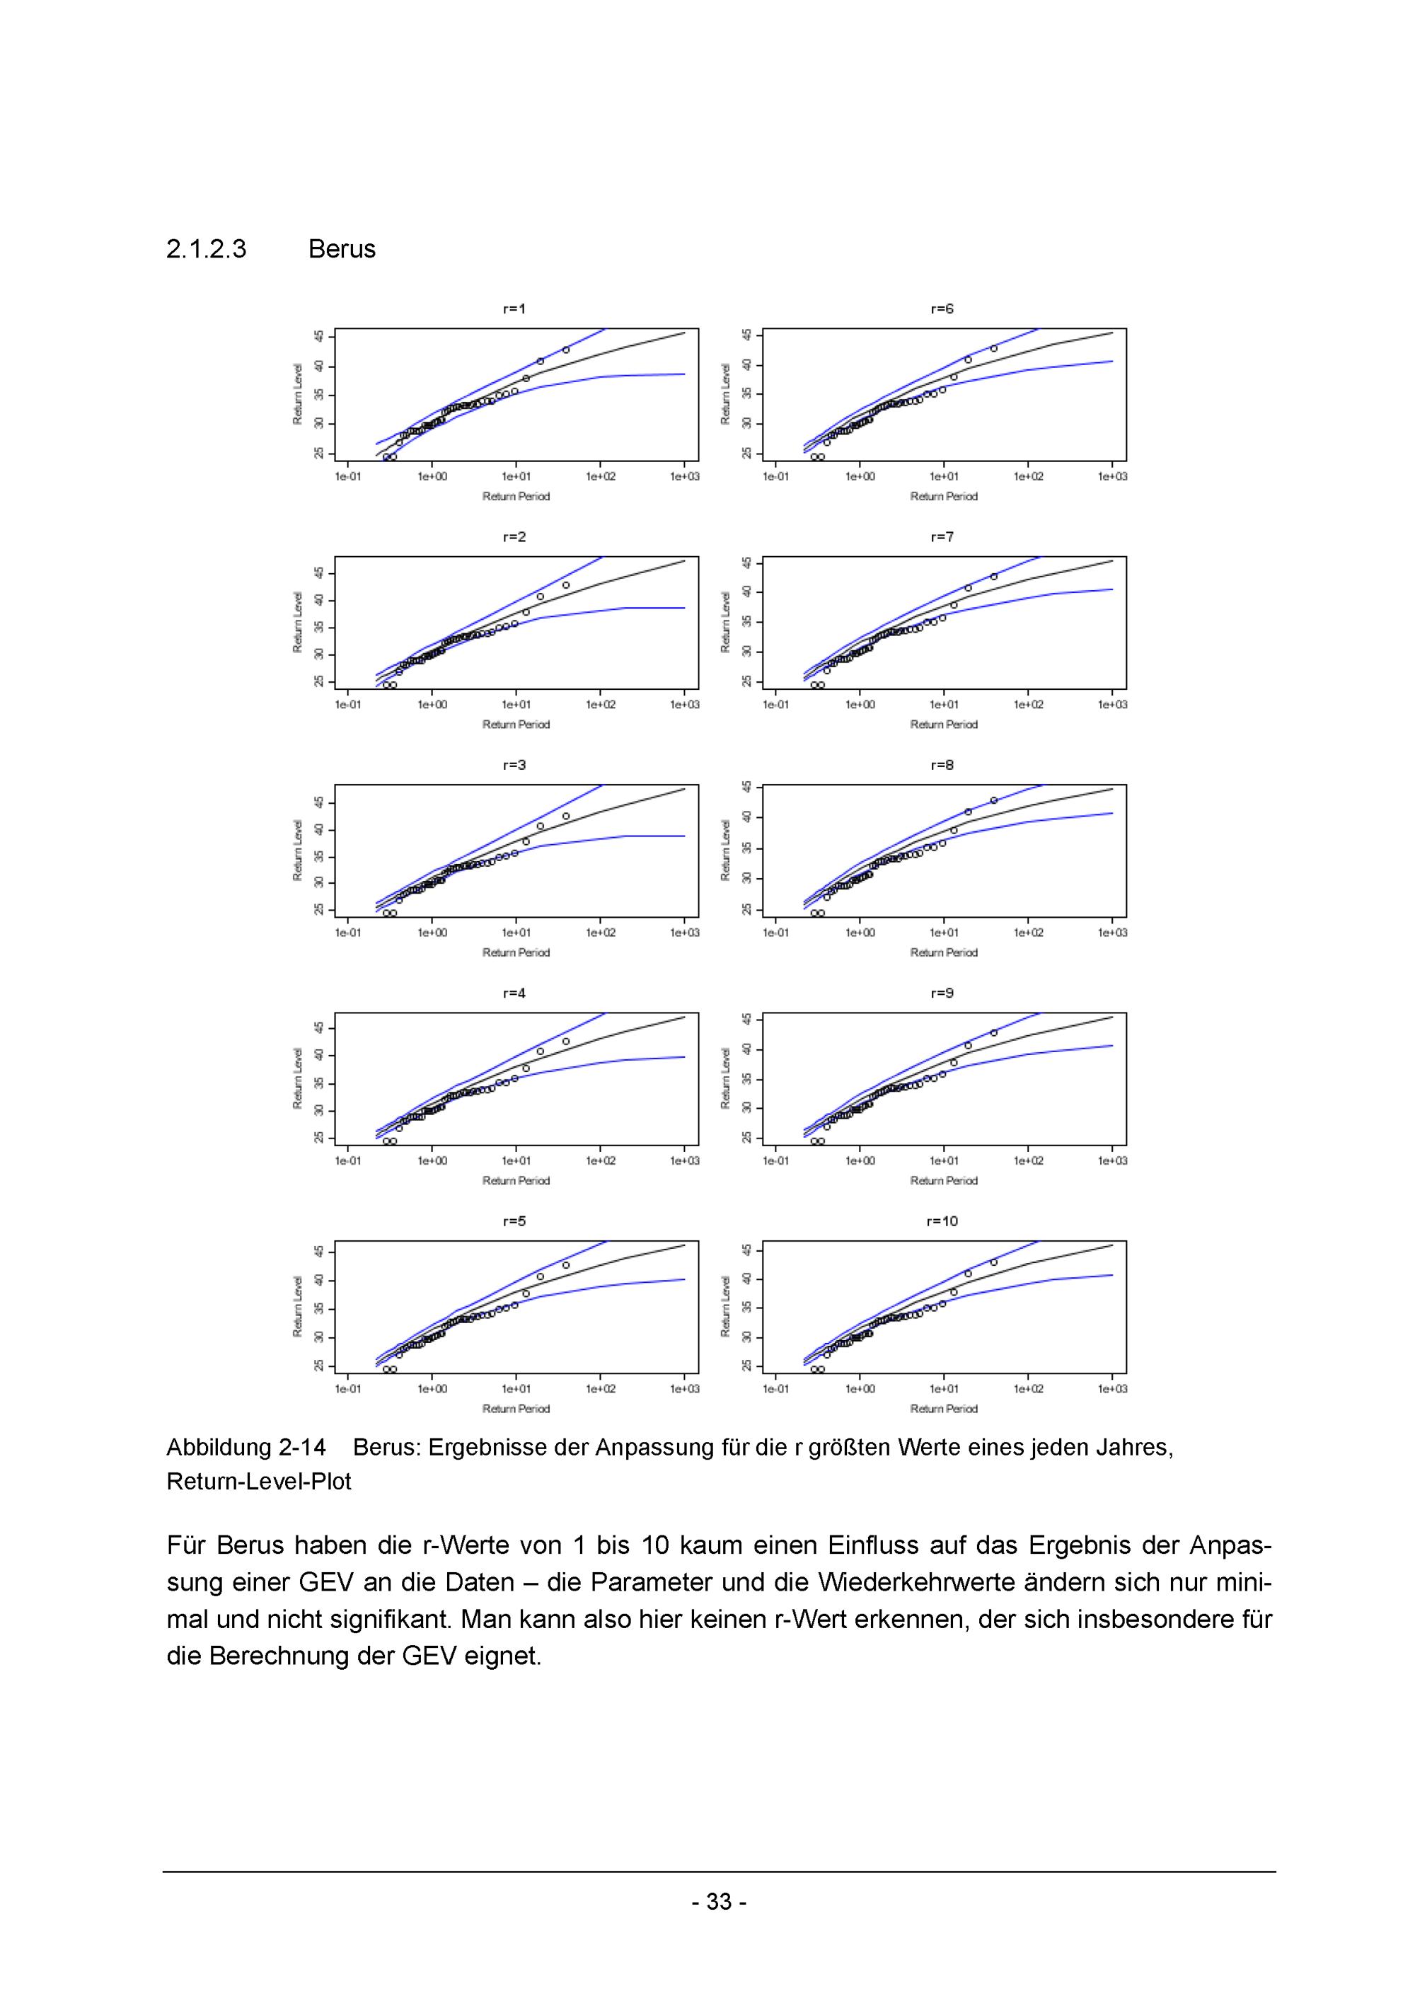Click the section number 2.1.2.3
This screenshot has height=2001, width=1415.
(207, 249)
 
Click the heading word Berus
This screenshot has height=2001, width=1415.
(342, 249)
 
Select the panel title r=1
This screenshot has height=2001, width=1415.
(514, 308)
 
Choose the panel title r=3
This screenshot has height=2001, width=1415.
(514, 765)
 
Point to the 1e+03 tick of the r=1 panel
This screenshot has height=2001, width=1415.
(684, 477)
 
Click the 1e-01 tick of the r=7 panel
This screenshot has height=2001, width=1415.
(775, 705)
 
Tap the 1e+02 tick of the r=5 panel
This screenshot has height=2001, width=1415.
(601, 1389)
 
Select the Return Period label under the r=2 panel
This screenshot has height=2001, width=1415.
(516, 725)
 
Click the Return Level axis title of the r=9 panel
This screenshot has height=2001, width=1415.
(725, 1078)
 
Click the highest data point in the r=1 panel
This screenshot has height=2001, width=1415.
(565, 350)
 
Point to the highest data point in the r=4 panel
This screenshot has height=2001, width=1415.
(565, 1041)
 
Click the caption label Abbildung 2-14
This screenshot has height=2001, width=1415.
(246, 1448)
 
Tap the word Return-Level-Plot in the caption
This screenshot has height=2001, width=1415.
(259, 1482)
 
